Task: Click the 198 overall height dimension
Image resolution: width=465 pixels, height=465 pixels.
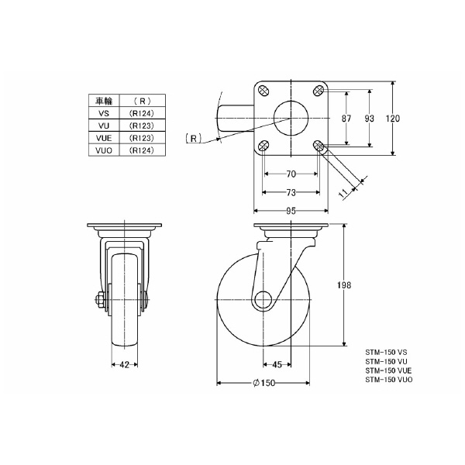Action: [343, 285]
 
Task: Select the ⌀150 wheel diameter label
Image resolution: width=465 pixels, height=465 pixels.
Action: [263, 383]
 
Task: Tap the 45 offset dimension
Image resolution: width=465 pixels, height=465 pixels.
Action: [277, 364]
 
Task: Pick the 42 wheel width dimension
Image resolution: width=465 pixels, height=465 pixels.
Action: [125, 364]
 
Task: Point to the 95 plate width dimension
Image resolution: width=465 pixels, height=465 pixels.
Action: [291, 211]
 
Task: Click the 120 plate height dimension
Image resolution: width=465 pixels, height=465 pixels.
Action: [393, 119]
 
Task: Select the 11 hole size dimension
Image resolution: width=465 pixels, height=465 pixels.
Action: [343, 193]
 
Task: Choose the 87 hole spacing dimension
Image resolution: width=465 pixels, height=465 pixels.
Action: [346, 119]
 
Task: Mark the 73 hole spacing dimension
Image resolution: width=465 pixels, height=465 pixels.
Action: [291, 193]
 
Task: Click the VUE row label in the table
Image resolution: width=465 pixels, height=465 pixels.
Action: [104, 138]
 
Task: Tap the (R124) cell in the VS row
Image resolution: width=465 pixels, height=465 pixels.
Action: [142, 113]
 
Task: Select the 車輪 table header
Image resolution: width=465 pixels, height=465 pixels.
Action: [104, 101]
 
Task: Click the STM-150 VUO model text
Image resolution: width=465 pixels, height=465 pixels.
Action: [389, 380]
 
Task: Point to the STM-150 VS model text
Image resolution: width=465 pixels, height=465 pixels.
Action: [386, 353]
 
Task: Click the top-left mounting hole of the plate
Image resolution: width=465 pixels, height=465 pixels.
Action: [263, 91]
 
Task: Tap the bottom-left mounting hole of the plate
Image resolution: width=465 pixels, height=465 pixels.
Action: [263, 146]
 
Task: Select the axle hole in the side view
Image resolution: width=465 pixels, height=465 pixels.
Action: [263, 299]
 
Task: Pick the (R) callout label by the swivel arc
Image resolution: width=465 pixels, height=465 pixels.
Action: [193, 138]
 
